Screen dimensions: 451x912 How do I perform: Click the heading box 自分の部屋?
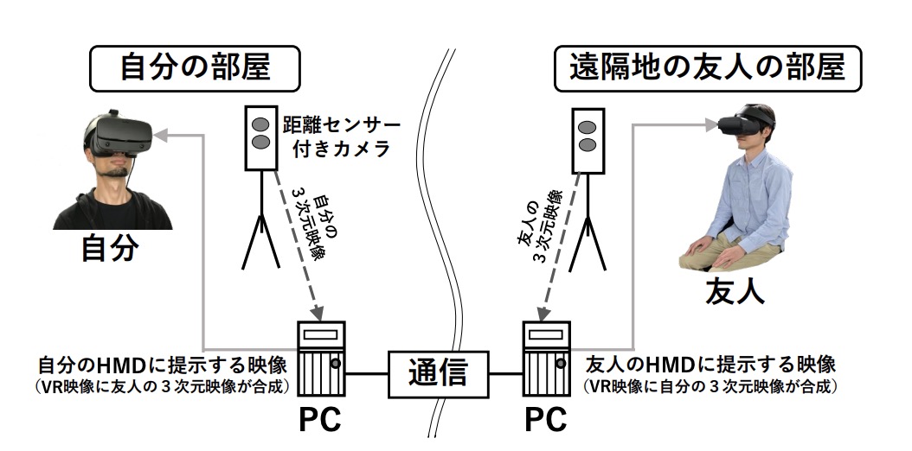(194, 67)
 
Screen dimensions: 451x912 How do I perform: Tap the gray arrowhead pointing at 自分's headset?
(163, 134)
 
